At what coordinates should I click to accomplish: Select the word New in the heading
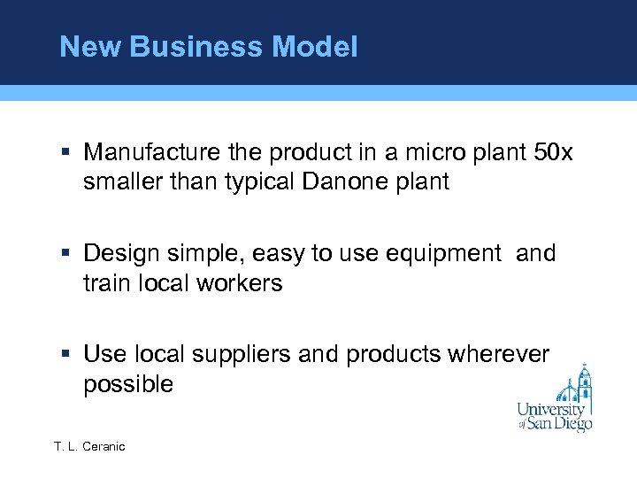[90, 47]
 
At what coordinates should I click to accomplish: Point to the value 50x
[554, 153]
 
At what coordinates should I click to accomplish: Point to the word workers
[241, 283]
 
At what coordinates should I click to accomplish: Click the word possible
[128, 384]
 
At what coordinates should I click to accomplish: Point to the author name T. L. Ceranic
[89, 446]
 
